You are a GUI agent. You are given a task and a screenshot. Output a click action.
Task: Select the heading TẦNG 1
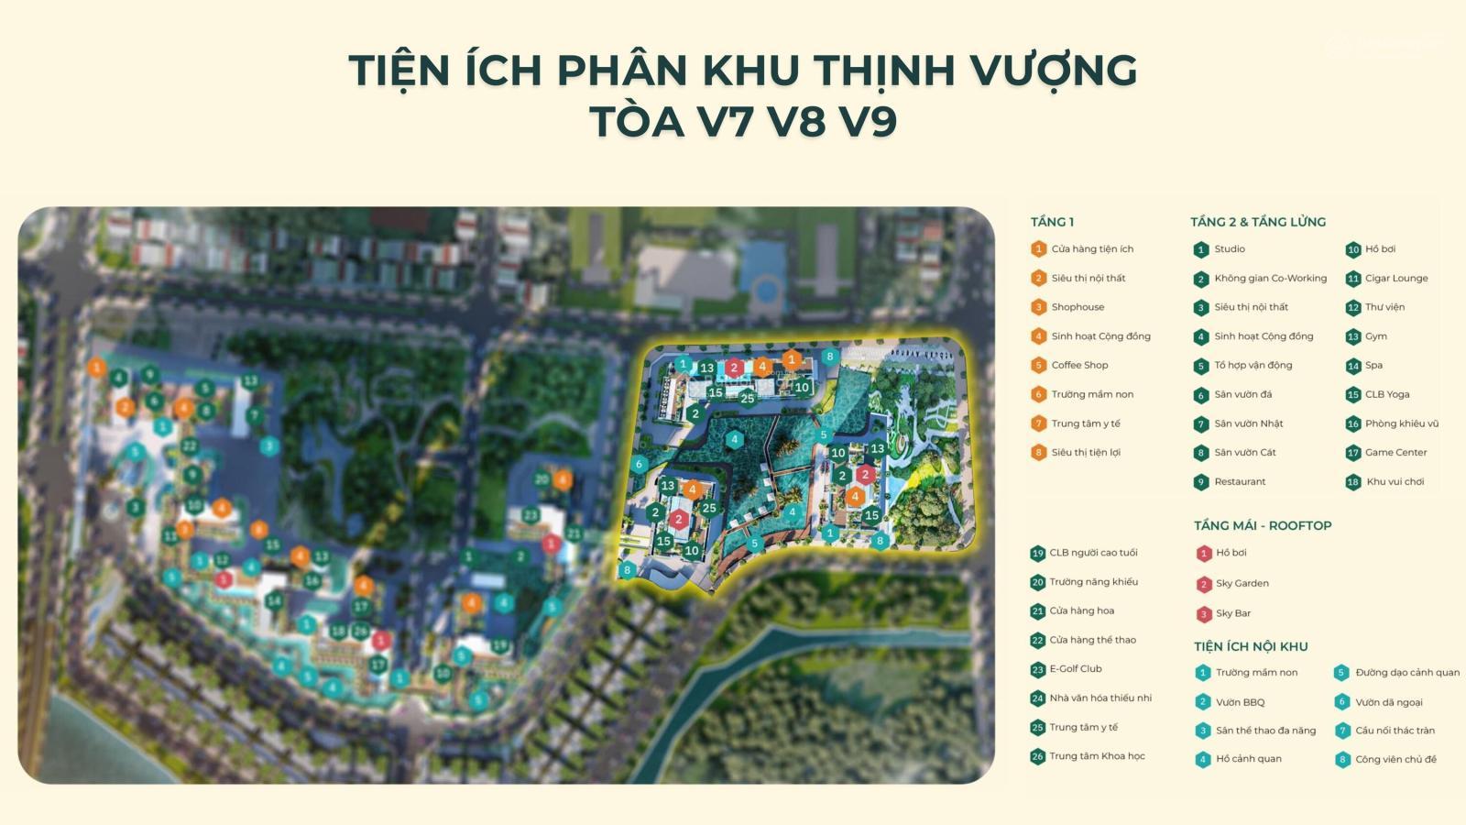[x=1052, y=222]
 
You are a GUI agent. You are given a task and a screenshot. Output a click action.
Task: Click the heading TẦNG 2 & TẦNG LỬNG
[x=1257, y=222]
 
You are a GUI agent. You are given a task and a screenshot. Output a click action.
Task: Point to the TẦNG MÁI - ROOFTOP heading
[x=1262, y=525]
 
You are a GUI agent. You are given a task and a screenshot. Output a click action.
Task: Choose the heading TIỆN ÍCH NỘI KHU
[x=1250, y=646]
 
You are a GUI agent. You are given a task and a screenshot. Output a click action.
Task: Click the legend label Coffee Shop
[x=1079, y=365]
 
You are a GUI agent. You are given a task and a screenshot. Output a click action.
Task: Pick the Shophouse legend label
[x=1078, y=307]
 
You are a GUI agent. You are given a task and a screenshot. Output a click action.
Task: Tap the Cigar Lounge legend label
[x=1395, y=278]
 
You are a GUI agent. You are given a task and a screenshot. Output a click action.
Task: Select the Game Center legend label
[x=1395, y=452]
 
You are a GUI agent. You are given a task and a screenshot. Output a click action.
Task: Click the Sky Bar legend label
[x=1232, y=613]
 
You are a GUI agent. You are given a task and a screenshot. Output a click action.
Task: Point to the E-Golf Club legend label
[x=1076, y=668]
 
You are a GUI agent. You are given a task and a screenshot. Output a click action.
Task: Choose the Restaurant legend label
[x=1240, y=481]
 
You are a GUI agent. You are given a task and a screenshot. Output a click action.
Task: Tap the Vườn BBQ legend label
[x=1240, y=702]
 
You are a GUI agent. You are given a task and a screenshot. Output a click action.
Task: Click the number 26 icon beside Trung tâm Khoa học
[x=1037, y=757]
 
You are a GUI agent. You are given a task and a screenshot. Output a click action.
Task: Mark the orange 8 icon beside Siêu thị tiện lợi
[x=1038, y=453]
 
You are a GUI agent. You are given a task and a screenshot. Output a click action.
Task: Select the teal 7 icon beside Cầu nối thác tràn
[x=1342, y=731]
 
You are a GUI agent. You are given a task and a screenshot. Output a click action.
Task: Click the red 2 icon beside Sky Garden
[x=1204, y=584]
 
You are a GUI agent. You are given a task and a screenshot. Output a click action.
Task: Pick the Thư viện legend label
[x=1384, y=307]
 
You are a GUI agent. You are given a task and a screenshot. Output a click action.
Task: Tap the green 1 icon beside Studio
[x=1201, y=249]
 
